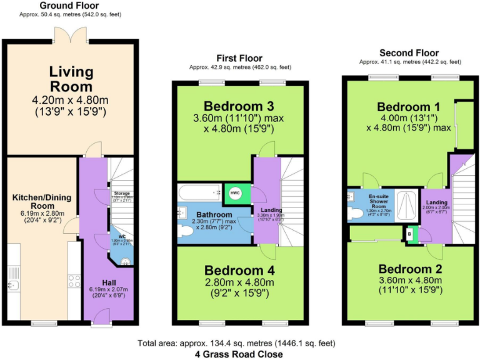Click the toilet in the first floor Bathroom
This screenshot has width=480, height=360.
186,231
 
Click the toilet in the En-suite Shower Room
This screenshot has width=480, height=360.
354,213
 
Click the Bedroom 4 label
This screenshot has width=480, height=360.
239,271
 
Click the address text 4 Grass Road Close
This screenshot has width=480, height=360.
239,354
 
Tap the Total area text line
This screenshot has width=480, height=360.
239,343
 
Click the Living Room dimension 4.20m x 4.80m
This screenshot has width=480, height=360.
71,101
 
